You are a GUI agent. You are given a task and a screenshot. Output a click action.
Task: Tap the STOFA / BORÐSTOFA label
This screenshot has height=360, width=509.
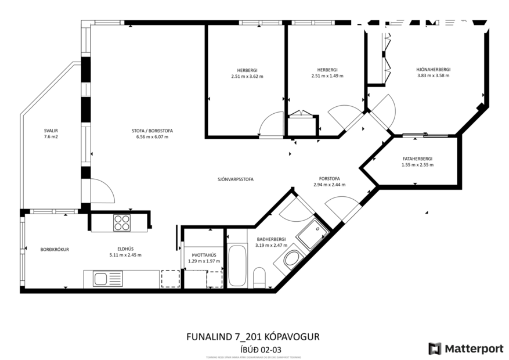point(152,131)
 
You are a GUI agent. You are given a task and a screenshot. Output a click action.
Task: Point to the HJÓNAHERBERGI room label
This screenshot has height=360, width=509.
point(433,70)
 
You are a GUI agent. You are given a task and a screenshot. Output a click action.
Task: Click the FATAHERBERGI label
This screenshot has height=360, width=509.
point(417,159)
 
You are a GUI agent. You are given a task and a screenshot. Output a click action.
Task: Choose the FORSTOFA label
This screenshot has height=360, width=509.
point(329,178)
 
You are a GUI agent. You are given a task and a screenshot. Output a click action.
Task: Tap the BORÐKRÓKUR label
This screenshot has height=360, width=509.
point(55,249)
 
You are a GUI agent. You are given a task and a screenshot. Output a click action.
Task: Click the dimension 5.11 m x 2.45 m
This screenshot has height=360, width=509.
point(125,255)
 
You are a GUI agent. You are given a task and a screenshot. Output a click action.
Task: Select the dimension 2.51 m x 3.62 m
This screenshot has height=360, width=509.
point(247,76)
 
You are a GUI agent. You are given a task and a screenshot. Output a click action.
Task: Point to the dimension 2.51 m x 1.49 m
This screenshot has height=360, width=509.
point(327,76)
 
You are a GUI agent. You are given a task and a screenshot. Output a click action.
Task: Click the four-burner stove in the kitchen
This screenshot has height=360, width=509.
point(122,222)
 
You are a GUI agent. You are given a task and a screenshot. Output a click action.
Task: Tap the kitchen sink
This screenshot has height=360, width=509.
point(100,279)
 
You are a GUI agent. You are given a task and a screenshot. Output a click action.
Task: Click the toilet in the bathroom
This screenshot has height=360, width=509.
point(259,277)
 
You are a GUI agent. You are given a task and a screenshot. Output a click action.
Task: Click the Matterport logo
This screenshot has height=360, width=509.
point(466,348)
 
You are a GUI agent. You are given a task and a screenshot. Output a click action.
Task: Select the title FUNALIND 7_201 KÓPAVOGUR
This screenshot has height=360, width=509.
point(252,337)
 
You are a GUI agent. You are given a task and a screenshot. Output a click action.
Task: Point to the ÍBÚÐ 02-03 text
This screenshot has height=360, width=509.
point(252,349)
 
